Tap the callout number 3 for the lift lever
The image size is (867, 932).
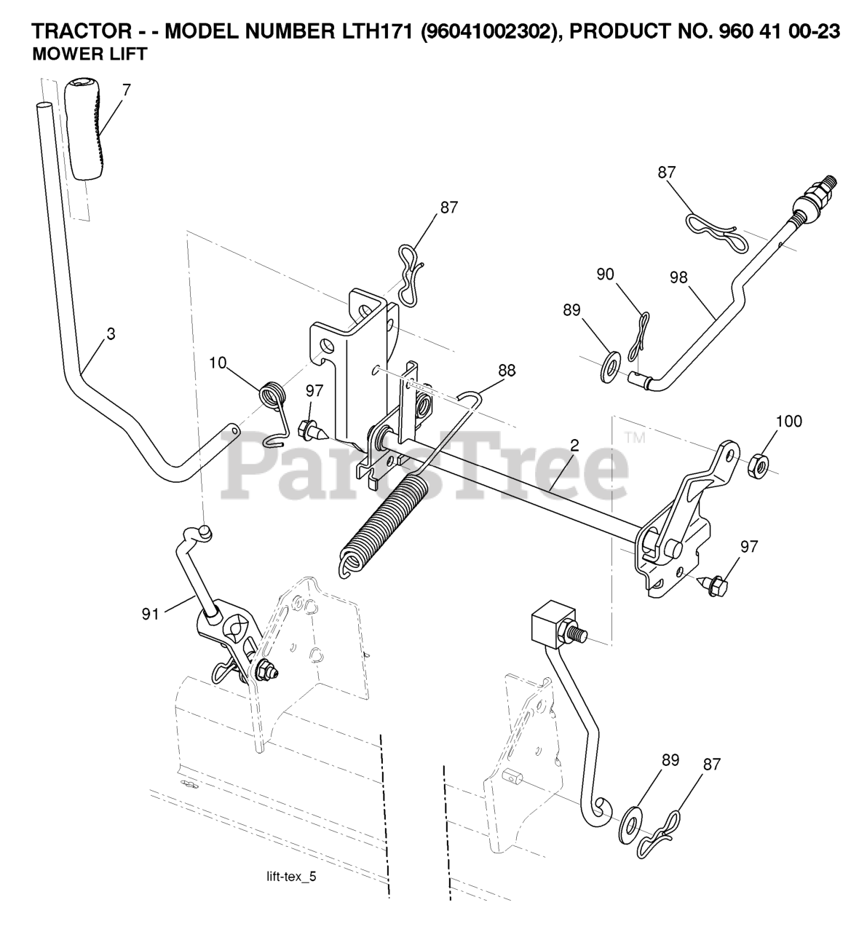pos(110,334)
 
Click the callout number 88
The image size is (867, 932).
pos(507,370)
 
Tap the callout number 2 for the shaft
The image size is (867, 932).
pos(574,446)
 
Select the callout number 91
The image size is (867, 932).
pos(149,614)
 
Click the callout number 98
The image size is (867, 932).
pos(679,277)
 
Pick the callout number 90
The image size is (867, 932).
pos(605,275)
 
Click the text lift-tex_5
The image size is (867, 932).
pos(291,877)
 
